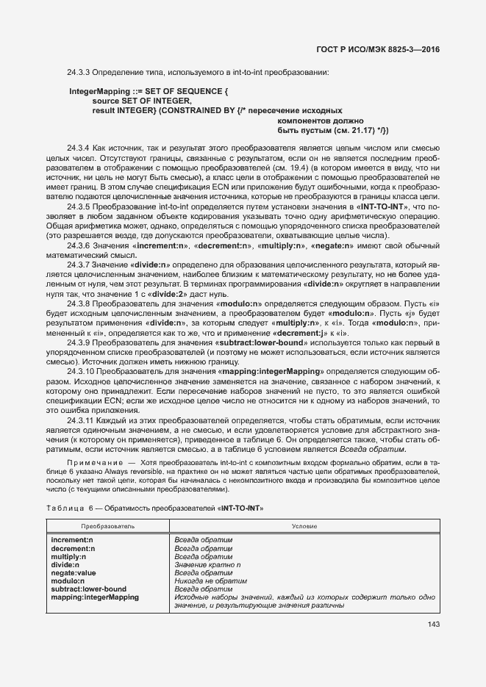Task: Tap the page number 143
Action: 432,625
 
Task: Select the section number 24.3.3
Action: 78,72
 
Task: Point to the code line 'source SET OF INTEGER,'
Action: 142,101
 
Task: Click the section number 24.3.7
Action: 78,263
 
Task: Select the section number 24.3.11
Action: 80,420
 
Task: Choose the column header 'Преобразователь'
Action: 107,527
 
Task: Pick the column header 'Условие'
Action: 304,527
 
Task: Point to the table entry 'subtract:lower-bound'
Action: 89,589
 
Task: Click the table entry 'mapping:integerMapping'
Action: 94,597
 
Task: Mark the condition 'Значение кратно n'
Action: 207,564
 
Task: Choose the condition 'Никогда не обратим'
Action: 208,580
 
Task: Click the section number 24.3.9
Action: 78,342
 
